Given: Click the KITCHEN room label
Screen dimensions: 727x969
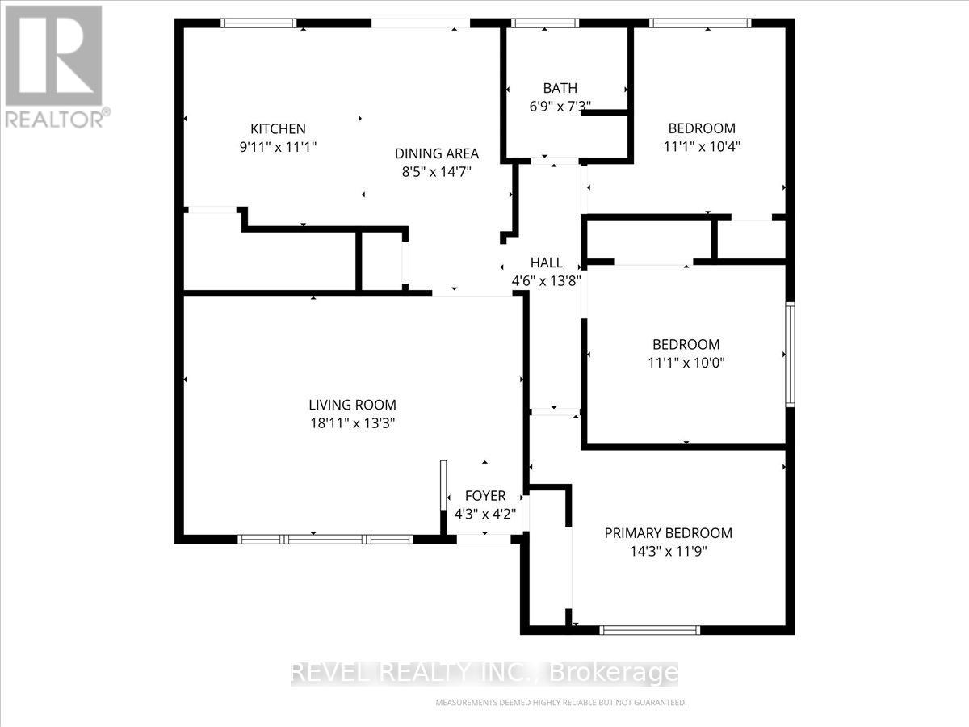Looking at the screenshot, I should [278, 128].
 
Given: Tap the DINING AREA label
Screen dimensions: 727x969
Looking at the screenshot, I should [436, 153].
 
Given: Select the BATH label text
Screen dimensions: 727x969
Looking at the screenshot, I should [560, 88].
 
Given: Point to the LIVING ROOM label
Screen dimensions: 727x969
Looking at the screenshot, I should [352, 405].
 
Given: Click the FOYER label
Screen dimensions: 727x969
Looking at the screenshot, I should [485, 495].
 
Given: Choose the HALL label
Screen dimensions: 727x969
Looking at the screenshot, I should [547, 263].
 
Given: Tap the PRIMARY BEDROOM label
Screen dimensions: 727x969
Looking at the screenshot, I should [669, 533].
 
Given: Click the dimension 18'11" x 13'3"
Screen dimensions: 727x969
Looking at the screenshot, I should [352, 422].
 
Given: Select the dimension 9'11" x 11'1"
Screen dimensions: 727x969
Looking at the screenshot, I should [278, 147].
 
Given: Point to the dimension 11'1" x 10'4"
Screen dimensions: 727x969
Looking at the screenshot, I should [702, 147].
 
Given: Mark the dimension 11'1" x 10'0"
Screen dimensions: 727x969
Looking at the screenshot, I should [686, 363].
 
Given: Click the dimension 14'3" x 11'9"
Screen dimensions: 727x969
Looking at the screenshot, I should [669, 553].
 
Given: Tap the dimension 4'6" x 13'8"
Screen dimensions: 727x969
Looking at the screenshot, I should [547, 281].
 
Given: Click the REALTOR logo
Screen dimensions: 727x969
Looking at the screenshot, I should [54, 65].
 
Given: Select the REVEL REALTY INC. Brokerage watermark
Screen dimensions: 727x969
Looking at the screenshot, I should [484, 672].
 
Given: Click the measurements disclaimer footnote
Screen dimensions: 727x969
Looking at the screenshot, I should [560, 703].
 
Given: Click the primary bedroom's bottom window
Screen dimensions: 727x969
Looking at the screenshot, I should [650, 629].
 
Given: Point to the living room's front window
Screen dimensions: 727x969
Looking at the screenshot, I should [327, 539].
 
